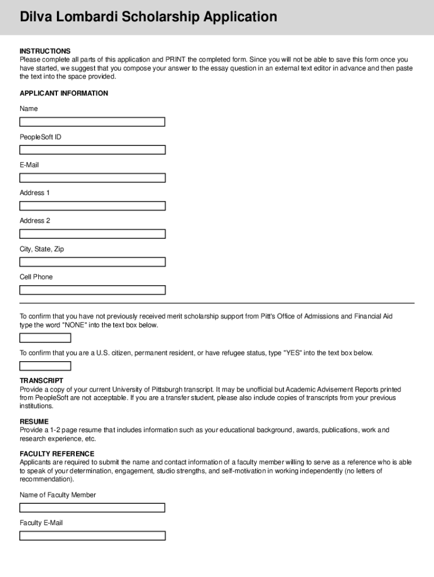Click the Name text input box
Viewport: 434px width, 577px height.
[x=92, y=122]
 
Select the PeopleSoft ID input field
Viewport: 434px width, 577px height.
[x=92, y=150]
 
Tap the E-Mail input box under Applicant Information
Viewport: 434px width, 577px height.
[x=92, y=178]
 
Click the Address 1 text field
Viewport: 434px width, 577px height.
[x=92, y=206]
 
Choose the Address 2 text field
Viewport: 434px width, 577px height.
[x=92, y=234]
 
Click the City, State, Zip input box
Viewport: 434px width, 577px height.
[x=92, y=262]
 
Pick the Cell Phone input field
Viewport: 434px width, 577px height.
[x=92, y=290]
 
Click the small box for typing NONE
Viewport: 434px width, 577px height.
[x=45, y=338]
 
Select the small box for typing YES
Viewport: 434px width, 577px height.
[x=45, y=366]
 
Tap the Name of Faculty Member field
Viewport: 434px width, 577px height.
[x=92, y=508]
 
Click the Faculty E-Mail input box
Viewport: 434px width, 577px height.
[x=92, y=536]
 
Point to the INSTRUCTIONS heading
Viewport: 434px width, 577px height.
[x=45, y=51]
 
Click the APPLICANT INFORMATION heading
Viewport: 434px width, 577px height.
[x=64, y=94]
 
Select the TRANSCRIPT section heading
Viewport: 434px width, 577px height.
[x=42, y=381]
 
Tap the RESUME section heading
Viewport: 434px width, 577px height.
[x=34, y=421]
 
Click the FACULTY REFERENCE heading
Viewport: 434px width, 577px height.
[x=57, y=454]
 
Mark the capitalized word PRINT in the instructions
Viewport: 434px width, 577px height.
[x=176, y=60]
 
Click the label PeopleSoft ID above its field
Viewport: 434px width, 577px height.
[x=41, y=137]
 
